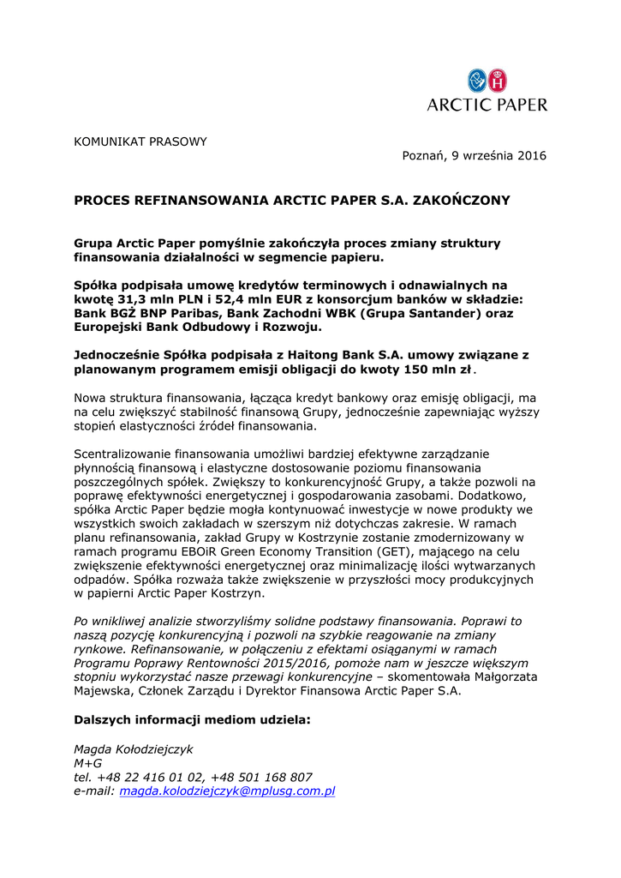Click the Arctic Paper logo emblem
click(x=487, y=81)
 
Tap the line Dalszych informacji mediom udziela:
click(x=192, y=719)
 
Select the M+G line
click(x=87, y=762)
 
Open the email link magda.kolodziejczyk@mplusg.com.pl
click(x=227, y=791)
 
